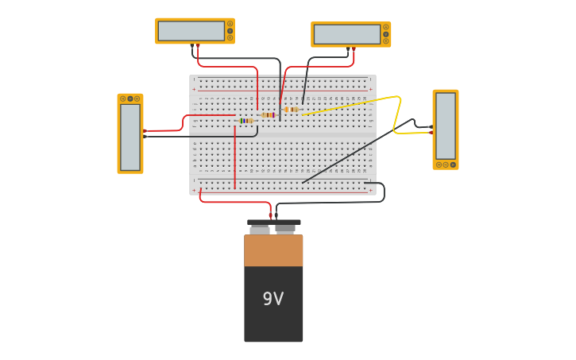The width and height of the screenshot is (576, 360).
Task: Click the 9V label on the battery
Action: (x=273, y=299)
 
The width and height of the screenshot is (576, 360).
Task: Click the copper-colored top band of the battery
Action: (x=273, y=250)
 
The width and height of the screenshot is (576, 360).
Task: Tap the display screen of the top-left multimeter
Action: (x=191, y=31)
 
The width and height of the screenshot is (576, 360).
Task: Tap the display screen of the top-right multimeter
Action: (x=346, y=34)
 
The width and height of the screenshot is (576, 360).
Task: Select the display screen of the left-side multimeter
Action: (x=130, y=137)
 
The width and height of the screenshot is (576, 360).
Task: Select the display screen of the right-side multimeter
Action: (x=445, y=126)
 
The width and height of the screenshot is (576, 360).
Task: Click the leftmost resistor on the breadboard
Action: (x=245, y=121)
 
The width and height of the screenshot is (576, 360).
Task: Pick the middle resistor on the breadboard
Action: (x=268, y=115)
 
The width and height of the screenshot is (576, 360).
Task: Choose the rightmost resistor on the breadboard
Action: (x=290, y=110)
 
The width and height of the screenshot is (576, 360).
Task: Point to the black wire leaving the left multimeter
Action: (x=199, y=137)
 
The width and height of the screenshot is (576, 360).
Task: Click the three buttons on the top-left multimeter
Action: (x=230, y=31)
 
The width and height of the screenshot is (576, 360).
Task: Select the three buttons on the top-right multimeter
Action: (x=385, y=34)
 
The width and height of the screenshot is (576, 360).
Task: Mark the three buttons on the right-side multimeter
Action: (x=445, y=165)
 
